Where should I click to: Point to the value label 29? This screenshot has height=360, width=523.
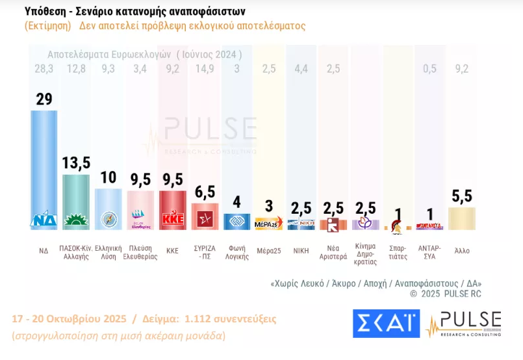pyautogui.click(x=44, y=99)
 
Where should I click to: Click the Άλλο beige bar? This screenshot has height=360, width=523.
pyautogui.click(x=462, y=218)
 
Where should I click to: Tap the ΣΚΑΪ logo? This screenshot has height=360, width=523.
pyautogui.click(x=386, y=324)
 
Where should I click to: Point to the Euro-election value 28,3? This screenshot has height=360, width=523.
pyautogui.click(x=44, y=70)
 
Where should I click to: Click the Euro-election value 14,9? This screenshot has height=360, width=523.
pyautogui.click(x=204, y=70)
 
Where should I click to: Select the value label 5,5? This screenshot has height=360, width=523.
pyautogui.click(x=462, y=195)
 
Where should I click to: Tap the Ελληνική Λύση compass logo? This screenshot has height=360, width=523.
pyautogui.click(x=108, y=220)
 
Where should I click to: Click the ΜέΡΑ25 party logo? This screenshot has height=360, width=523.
pyautogui.click(x=268, y=224)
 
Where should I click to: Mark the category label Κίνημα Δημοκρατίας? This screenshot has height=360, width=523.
pyautogui.click(x=366, y=254)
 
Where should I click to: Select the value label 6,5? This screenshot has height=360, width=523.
pyautogui.click(x=204, y=192)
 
